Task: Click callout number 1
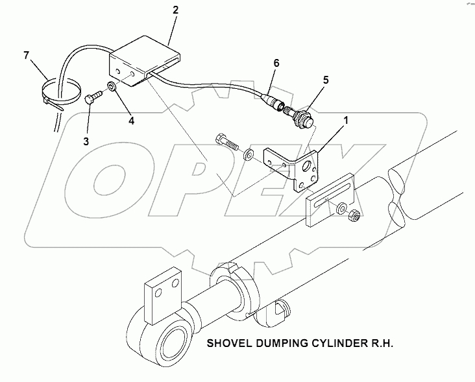[x=346, y=121]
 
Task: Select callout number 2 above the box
[x=176, y=10]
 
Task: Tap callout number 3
[x=86, y=141]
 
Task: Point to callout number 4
[x=131, y=121]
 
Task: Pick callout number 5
[x=326, y=80]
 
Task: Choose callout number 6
[x=276, y=64]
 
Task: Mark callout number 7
[x=27, y=56]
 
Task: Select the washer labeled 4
[x=112, y=86]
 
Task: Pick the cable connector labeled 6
[x=273, y=102]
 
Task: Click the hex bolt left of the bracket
[x=226, y=141]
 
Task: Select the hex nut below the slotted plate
[x=354, y=214]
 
